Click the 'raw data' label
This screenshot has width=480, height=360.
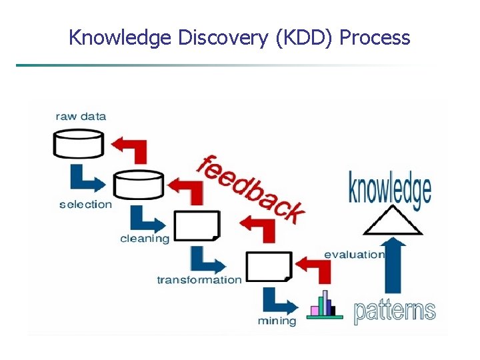[81, 116]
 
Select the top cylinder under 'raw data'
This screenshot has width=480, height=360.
[79, 143]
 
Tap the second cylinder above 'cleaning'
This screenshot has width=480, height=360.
[138, 184]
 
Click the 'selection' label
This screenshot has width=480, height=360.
[85, 204]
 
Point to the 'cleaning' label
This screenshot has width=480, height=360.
[144, 239]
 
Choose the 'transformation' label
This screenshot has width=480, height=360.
[199, 279]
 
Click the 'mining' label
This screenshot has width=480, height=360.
[277, 321]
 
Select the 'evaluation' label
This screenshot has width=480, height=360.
[354, 254]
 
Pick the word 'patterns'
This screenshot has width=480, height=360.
[394, 311]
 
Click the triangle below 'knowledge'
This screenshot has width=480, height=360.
[392, 221]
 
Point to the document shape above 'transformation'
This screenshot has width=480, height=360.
[197, 225]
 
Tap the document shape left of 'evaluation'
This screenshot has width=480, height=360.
[269, 266]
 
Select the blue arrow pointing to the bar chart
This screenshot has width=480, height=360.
[277, 301]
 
